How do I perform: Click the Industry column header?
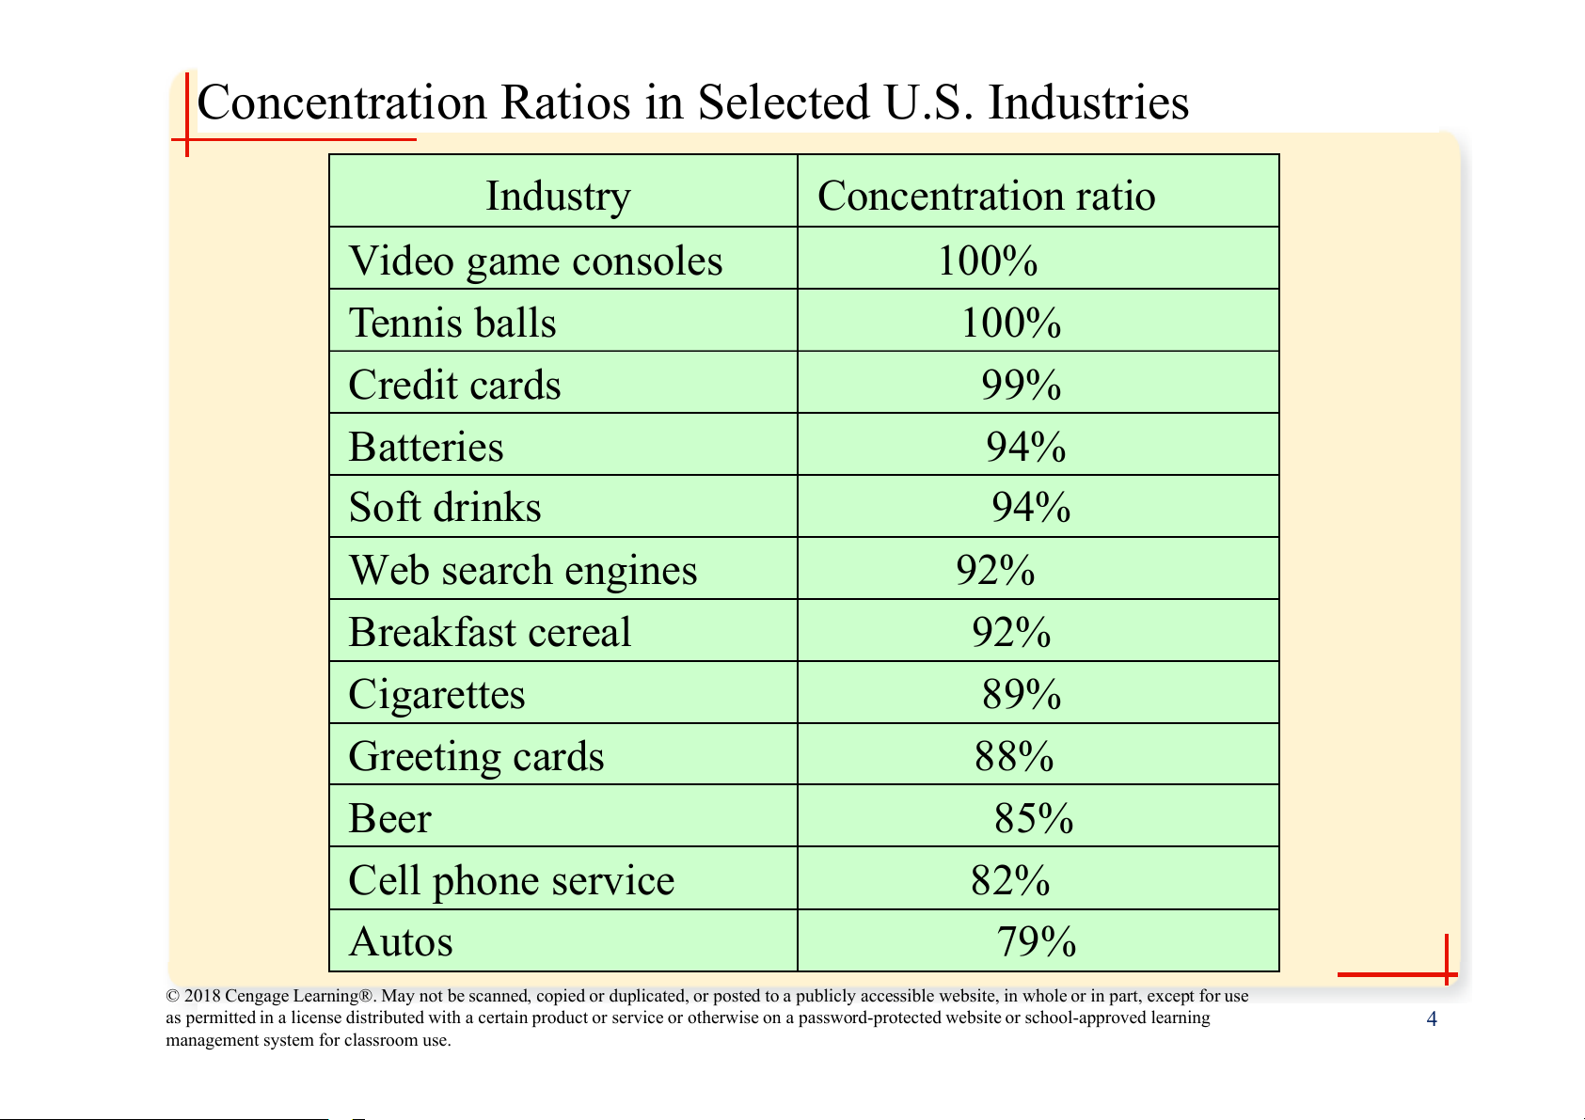[x=558, y=197]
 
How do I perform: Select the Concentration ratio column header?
[x=986, y=197]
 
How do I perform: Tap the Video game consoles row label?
[x=535, y=260]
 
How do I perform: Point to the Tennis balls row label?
[x=452, y=323]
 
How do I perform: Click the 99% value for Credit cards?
[x=1021, y=385]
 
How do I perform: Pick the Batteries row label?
[x=426, y=447]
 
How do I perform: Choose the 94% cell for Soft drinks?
[x=1031, y=508]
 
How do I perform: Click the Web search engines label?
[x=523, y=570]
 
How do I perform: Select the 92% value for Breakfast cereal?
[x=1011, y=632]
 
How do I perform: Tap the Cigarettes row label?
[x=436, y=694]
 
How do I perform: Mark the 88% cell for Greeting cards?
[x=1014, y=756]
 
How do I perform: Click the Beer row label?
[x=389, y=818]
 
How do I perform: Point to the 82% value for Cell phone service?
[x=1010, y=880]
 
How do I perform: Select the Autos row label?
[x=401, y=941]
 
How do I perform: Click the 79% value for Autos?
[x=1037, y=941]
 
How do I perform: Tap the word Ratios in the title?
[x=564, y=103]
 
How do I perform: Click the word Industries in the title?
[x=1088, y=103]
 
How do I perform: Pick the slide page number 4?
[x=1432, y=1019]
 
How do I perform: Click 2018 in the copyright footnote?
[x=202, y=996]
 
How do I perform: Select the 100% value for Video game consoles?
[x=988, y=260]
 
